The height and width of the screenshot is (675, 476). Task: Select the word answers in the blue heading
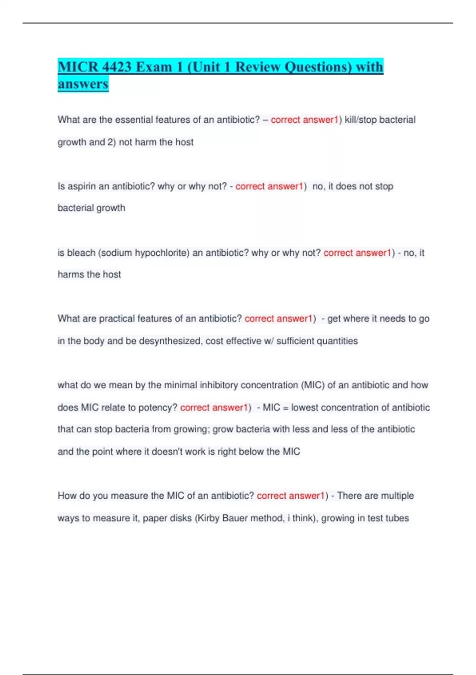point(83,84)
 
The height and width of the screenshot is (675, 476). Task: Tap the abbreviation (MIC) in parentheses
point(313,385)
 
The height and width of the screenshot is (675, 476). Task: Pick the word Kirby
point(208,518)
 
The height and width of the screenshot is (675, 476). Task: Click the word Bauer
point(235,518)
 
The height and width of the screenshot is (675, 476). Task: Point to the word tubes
point(397,518)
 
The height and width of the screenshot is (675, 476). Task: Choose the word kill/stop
point(361,120)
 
